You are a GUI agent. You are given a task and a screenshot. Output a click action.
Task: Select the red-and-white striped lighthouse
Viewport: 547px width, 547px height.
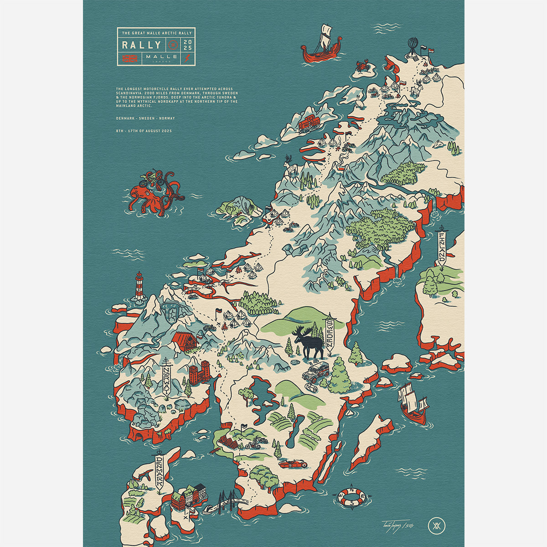click(139, 287)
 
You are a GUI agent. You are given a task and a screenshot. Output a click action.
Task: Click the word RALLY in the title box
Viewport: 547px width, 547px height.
click(141, 45)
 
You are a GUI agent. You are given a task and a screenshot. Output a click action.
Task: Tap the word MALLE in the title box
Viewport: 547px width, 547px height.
click(159, 58)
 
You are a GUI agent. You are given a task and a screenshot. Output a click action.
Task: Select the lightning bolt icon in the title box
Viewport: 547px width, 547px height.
click(187, 58)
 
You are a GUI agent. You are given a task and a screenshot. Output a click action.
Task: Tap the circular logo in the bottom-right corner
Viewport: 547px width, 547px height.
click(435, 526)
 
